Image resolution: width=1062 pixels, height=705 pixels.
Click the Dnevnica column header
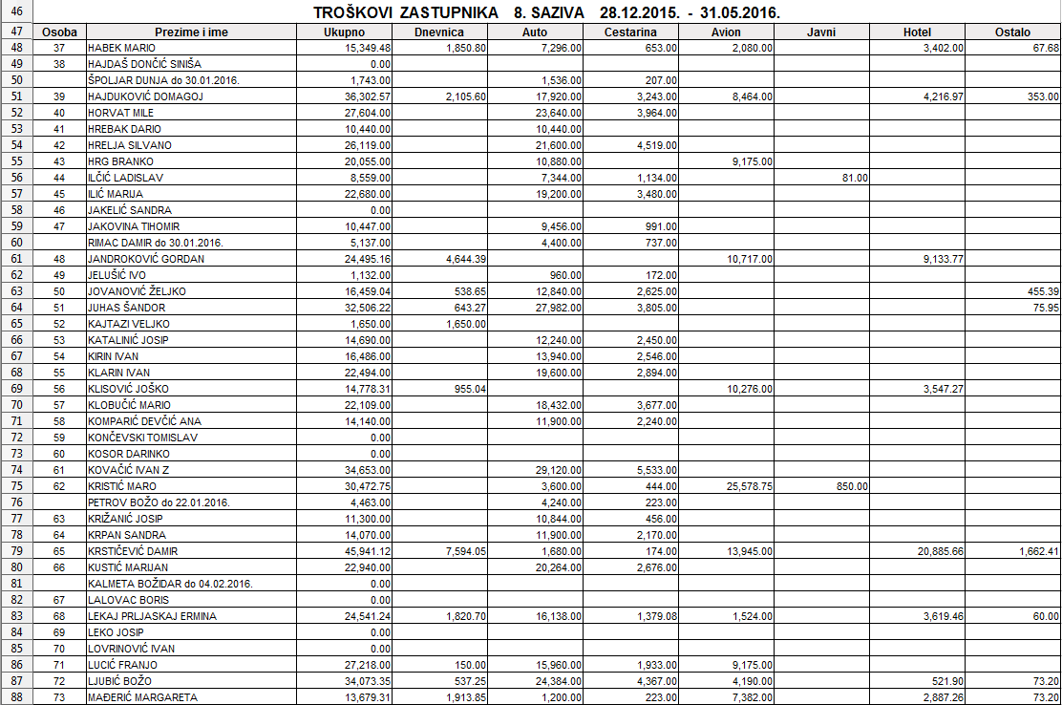(440, 32)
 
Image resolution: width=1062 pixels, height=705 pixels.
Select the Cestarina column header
(630, 32)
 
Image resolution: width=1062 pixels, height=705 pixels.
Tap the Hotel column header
(917, 32)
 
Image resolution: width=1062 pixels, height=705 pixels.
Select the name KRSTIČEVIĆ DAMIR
(133, 551)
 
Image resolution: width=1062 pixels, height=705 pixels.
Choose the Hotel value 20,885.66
(938, 551)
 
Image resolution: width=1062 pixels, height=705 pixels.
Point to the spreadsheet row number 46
(16, 12)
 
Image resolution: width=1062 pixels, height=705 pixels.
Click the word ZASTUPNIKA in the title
(442, 13)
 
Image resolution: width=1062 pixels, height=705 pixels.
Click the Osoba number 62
(59, 486)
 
